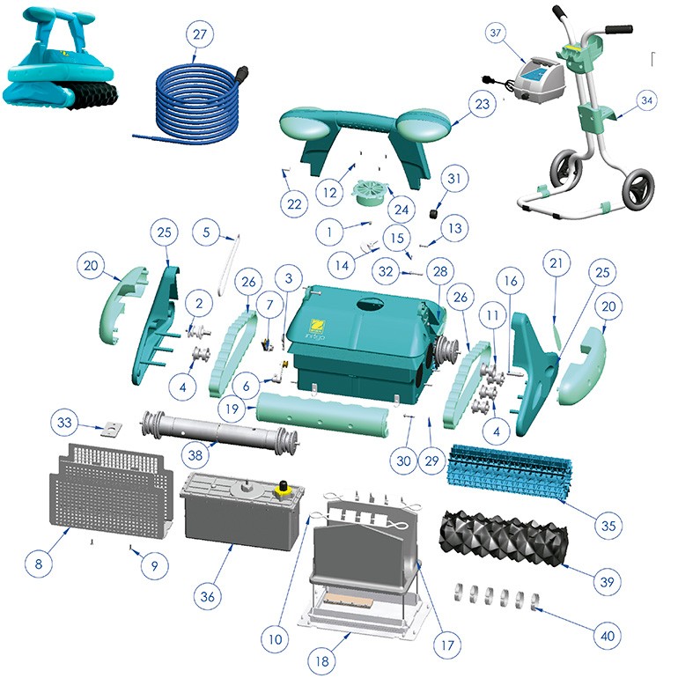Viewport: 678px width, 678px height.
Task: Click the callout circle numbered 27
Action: point(200,34)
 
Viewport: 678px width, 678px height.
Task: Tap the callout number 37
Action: point(496,33)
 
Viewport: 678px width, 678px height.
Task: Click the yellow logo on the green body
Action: point(319,325)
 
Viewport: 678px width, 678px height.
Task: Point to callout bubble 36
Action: point(207,597)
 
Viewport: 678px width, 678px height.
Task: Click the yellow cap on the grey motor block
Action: point(284,488)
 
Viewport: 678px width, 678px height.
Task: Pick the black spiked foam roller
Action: point(503,536)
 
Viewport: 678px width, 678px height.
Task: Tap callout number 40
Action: point(608,636)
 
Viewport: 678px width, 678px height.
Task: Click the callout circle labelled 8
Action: point(39,564)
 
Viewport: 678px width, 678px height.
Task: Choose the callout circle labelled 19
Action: point(232,409)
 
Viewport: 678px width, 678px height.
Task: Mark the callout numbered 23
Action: point(483,104)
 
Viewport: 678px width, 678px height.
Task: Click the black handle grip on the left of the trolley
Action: point(562,11)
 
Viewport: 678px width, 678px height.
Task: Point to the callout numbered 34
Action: point(646,100)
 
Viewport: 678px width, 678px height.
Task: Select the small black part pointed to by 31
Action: point(434,214)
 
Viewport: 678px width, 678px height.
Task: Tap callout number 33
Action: point(64,422)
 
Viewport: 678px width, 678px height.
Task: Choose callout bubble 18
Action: point(322,661)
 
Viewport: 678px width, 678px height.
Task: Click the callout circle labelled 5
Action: point(206,232)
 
